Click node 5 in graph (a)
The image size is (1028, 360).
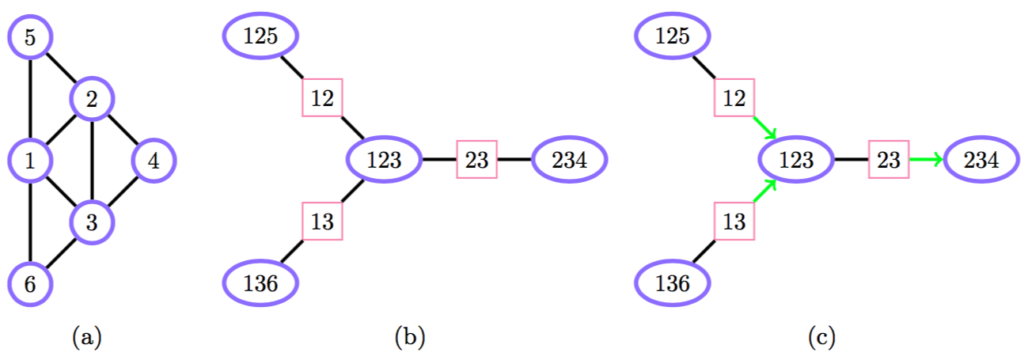(30, 37)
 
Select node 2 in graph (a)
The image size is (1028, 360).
(93, 99)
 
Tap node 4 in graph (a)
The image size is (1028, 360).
(154, 161)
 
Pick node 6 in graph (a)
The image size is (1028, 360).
(30, 283)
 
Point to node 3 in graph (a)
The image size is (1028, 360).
(93, 222)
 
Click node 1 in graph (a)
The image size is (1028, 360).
(30, 161)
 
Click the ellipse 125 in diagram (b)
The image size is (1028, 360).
(261, 36)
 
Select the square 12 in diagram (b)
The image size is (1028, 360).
(322, 98)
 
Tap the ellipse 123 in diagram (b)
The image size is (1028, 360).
(385, 160)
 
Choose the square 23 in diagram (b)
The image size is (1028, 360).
(476, 160)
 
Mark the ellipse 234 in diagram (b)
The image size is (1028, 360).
(570, 160)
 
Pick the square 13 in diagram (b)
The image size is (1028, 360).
(322, 221)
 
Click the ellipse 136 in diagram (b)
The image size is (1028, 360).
(261, 282)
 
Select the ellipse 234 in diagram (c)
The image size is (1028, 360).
(981, 160)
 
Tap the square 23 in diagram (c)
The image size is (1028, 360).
(889, 160)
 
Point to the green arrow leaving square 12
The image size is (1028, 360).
(764, 128)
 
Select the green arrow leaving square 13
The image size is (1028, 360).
(764, 191)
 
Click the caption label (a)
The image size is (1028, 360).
(87, 339)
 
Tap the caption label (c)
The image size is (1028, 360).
(821, 339)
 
